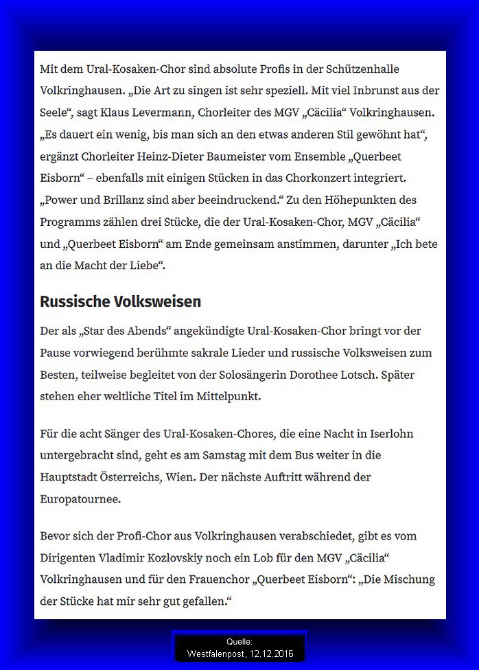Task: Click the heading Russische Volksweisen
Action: point(120,301)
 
